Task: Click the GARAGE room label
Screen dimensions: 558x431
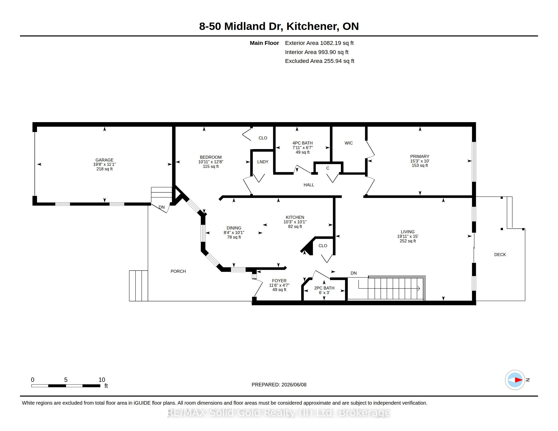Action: click(x=104, y=160)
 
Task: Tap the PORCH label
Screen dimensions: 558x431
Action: click(x=178, y=271)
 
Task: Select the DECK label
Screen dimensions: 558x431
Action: click(x=500, y=255)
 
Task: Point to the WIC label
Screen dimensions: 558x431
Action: click(x=348, y=143)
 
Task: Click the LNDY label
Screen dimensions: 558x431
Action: click(x=263, y=162)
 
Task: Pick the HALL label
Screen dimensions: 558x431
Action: click(x=309, y=185)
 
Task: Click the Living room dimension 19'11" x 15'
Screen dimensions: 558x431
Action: click(x=408, y=237)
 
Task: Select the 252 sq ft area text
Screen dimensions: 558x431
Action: click(x=408, y=241)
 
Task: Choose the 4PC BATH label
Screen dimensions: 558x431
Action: click(x=303, y=143)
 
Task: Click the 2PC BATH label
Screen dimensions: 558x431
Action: click(x=324, y=288)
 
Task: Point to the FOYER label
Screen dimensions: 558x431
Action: click(x=279, y=281)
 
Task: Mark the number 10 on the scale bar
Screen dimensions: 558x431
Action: click(x=102, y=380)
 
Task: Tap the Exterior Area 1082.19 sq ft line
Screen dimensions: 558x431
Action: click(x=319, y=43)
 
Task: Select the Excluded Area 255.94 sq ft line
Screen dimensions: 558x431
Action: click(x=319, y=61)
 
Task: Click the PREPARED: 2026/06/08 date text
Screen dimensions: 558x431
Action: click(x=279, y=385)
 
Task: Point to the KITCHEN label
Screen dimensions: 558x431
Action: click(x=295, y=217)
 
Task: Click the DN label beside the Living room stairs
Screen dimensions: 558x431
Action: click(x=354, y=273)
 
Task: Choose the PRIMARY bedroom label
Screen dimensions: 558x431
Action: click(x=420, y=156)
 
